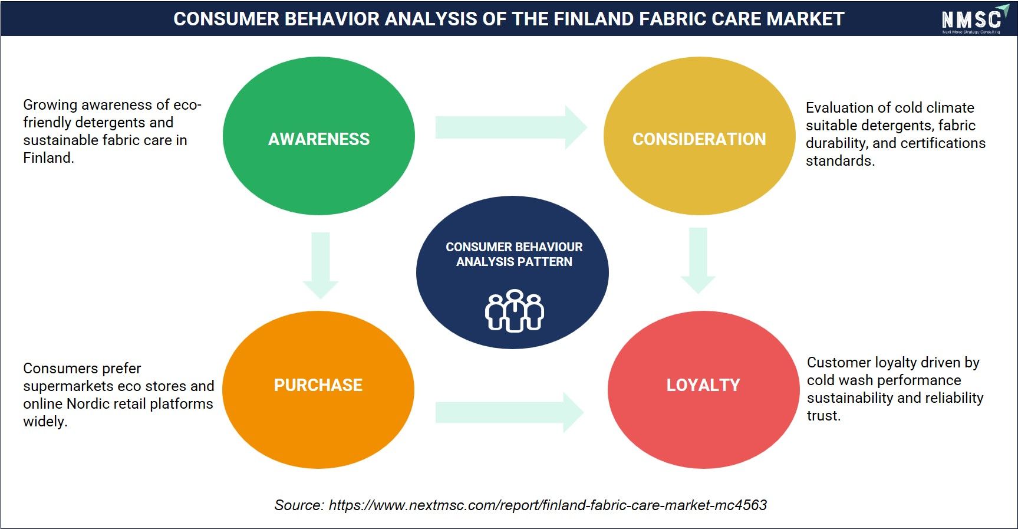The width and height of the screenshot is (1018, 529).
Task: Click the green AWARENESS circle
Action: pos(318,136)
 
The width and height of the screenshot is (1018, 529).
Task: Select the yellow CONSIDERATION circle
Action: pos(699,136)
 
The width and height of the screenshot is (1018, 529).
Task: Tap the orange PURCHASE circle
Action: pos(318,390)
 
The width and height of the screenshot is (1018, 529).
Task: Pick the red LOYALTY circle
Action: pos(703,390)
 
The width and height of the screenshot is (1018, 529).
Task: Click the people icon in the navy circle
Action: pos(515,311)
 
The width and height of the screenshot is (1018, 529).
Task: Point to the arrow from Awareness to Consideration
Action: pos(511,127)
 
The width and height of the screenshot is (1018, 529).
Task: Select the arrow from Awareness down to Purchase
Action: pos(321,265)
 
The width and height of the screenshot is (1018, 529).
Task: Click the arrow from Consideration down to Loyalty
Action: pos(698,261)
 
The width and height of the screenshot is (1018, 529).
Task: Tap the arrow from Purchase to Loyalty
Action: pos(509,413)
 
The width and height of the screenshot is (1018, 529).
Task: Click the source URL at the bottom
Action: pos(548,505)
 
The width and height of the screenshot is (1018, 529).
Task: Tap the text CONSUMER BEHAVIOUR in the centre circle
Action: pos(514,247)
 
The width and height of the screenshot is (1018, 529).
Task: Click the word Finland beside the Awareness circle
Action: pos(48,158)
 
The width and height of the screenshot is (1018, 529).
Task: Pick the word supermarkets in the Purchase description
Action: pos(64,386)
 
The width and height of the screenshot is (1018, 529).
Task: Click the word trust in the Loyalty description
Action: pos(823,416)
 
